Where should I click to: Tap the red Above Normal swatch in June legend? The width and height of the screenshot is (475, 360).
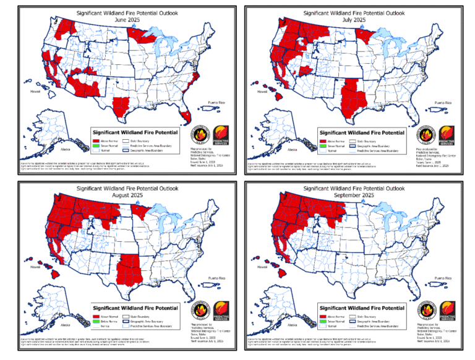pos(96,142)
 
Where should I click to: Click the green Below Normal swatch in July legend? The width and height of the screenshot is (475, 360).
pos(322,147)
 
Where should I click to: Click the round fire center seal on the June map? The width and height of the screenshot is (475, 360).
pos(199,135)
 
